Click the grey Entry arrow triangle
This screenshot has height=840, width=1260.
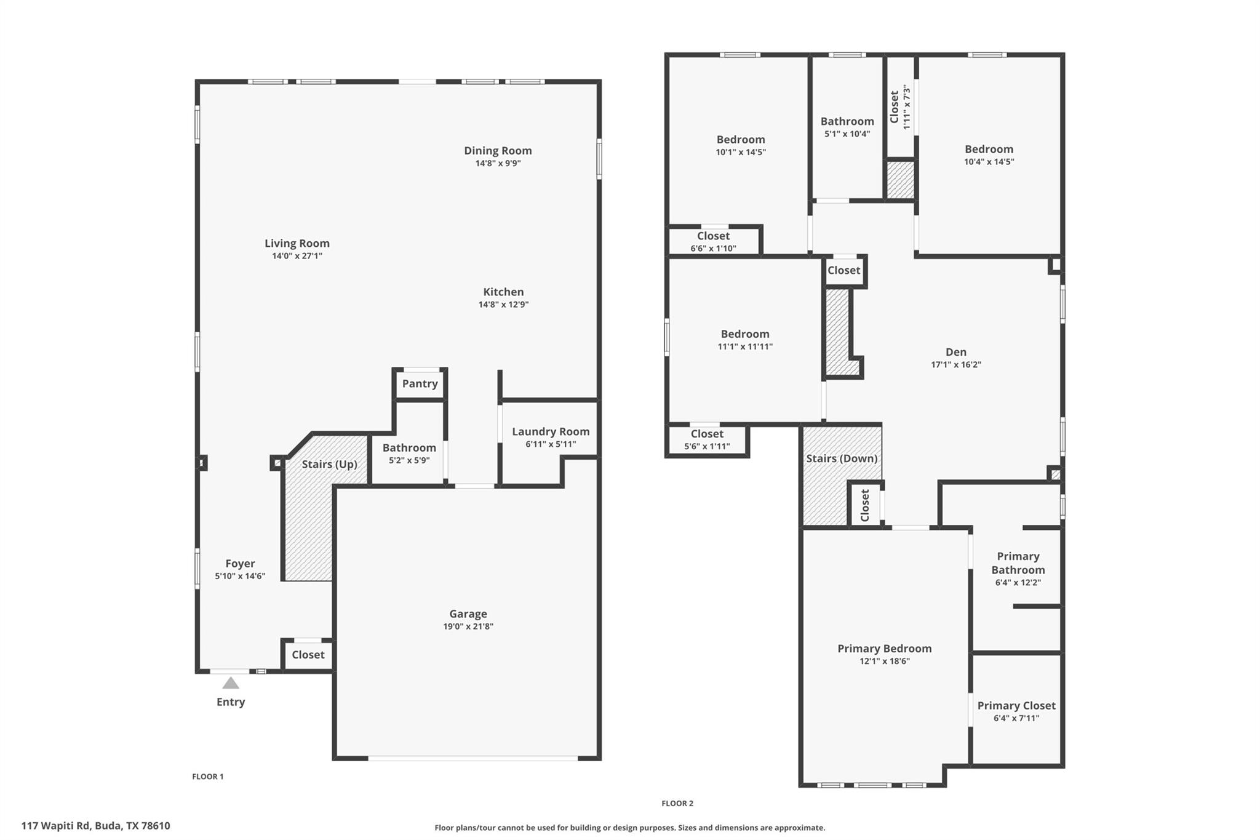231,682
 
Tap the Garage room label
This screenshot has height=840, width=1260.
468,614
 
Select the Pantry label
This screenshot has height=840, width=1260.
420,383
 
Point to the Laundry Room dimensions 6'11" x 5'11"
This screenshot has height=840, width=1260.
551,444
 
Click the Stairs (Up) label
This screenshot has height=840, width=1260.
329,464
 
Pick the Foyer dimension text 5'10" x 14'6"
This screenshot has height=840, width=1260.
240,576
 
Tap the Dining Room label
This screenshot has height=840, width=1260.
498,150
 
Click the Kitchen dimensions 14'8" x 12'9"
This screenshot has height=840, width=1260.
503,304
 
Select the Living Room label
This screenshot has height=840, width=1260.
297,243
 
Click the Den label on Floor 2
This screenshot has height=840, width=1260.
955,351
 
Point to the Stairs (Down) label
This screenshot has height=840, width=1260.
842,458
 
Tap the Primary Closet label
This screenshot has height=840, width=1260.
1016,705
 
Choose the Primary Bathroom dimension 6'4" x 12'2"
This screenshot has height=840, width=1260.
1018,582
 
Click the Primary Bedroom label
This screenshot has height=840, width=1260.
884,648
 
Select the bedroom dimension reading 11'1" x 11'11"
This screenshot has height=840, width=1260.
745,346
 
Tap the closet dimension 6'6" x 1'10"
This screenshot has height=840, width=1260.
713,249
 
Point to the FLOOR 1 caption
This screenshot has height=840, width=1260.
208,777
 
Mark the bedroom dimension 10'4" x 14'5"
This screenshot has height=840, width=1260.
989,162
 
